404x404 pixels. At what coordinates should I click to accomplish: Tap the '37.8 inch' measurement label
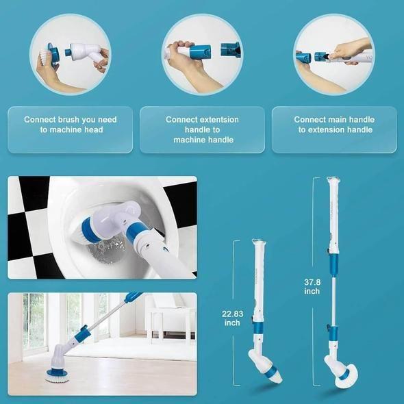click(x=312, y=286)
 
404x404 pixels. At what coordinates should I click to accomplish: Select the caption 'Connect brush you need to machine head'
click(x=71, y=124)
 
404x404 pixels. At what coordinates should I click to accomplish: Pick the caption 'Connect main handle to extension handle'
click(x=334, y=124)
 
